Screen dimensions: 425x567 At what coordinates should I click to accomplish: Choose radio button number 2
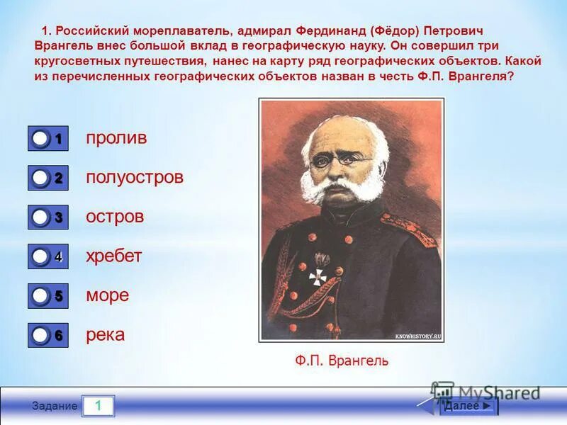click(41, 178)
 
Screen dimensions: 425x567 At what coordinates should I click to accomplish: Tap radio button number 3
click(41, 217)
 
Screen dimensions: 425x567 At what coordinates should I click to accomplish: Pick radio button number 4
click(41, 256)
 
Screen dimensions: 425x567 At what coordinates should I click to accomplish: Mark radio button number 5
click(41, 295)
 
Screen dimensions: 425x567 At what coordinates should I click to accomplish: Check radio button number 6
click(41, 334)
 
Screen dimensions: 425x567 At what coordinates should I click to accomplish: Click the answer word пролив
click(116, 138)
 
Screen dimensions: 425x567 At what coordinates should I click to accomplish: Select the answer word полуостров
click(135, 177)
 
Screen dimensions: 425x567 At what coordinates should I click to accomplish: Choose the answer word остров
click(115, 217)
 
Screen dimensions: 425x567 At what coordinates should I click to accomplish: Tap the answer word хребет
click(114, 256)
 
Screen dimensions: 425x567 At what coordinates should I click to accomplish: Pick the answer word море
click(108, 295)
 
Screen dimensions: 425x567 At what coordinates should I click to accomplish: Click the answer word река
click(106, 334)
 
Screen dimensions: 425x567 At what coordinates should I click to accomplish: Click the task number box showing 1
click(98, 406)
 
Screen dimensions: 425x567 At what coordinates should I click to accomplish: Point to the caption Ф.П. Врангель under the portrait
click(342, 361)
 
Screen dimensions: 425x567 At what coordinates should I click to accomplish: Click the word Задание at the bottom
click(55, 406)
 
